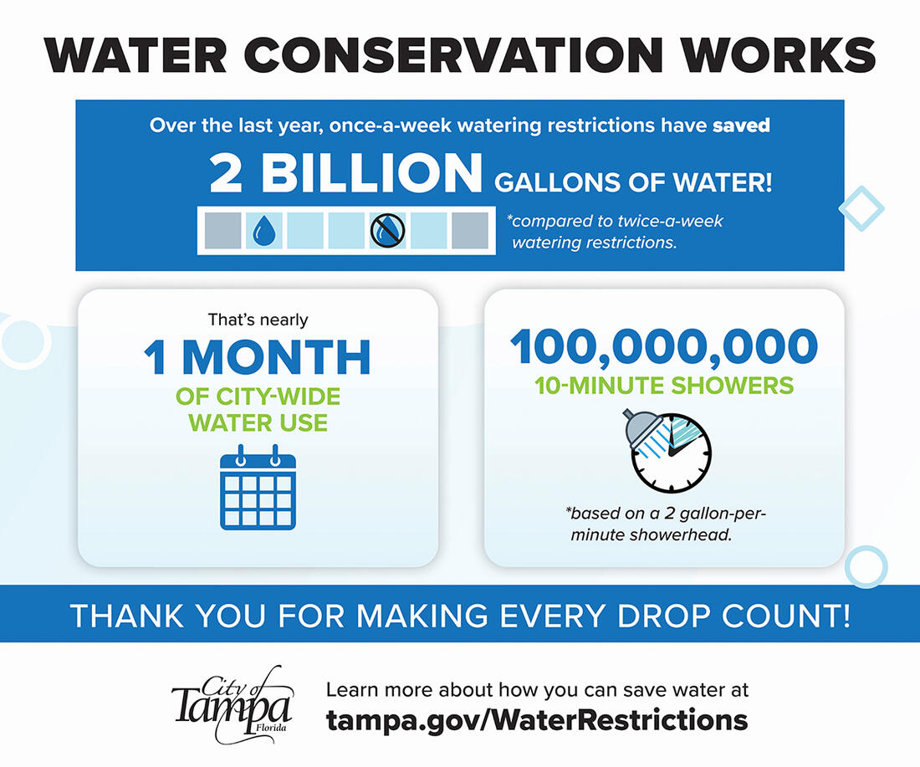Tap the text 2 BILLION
coord(345,174)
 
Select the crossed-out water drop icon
coord(387,230)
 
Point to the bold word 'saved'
coord(741,126)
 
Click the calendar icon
coord(258,489)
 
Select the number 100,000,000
coord(664,347)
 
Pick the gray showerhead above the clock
coord(640,427)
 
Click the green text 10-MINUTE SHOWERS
coord(664,386)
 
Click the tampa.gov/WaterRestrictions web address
coord(537,719)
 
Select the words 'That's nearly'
coord(258,320)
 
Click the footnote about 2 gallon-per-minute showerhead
coord(664,524)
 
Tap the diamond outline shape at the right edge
coord(861,209)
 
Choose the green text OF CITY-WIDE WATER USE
coord(258,408)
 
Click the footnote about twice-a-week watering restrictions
coord(616,232)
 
